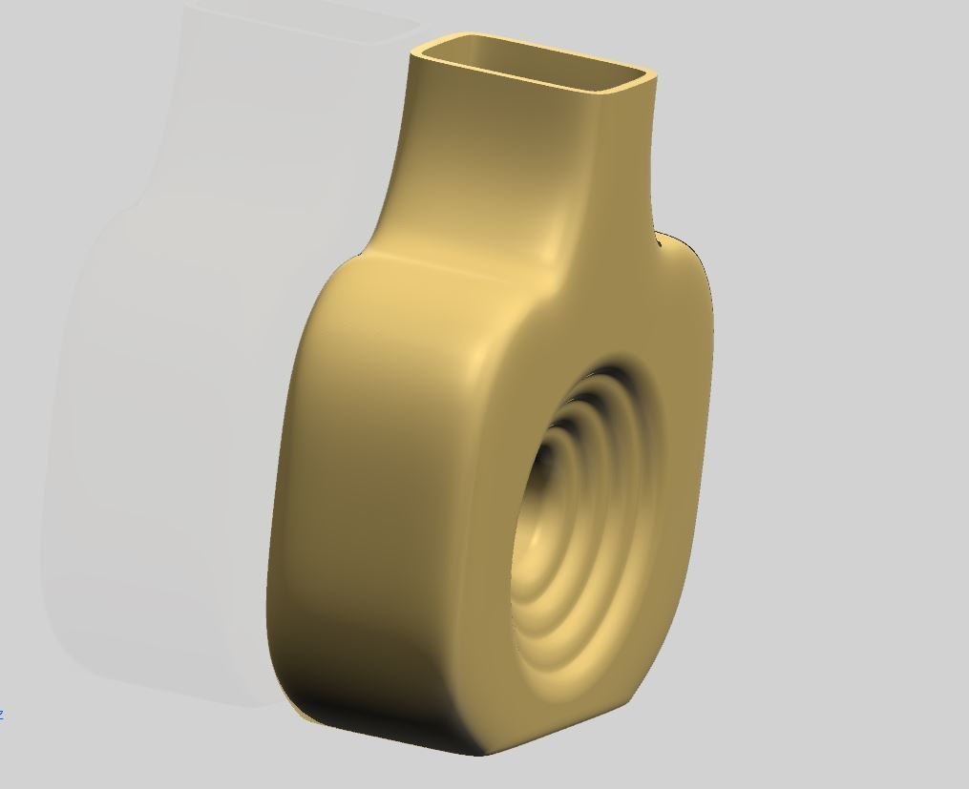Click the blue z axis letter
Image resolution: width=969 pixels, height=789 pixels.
[x=2, y=713]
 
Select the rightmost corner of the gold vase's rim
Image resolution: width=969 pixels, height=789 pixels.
[x=656, y=76]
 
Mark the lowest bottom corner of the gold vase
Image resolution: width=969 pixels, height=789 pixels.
[x=482, y=754]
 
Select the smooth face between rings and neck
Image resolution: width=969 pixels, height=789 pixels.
[x=611, y=305]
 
